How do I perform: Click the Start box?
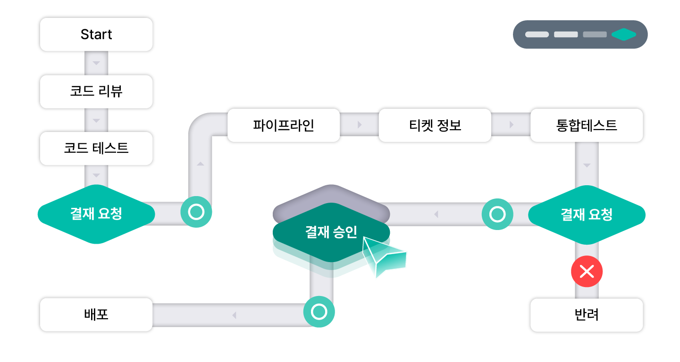tap(96, 34)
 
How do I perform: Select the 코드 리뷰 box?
tap(96, 91)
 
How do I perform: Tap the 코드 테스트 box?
tap(96, 148)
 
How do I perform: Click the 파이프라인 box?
tap(284, 125)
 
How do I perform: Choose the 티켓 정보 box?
tap(435, 125)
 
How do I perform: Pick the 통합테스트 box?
tap(587, 125)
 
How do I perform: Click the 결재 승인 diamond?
tap(331, 232)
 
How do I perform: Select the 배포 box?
tap(96, 315)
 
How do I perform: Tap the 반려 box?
tap(587, 315)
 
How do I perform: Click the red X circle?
tap(587, 271)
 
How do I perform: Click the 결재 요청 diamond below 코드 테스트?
tap(96, 214)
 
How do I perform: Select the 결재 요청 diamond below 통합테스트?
tap(587, 214)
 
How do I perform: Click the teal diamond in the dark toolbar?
tap(624, 34)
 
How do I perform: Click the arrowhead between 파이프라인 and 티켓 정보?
tap(360, 124)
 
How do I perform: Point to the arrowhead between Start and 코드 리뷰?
tap(96, 63)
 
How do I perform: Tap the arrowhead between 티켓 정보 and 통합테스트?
tap(512, 124)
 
